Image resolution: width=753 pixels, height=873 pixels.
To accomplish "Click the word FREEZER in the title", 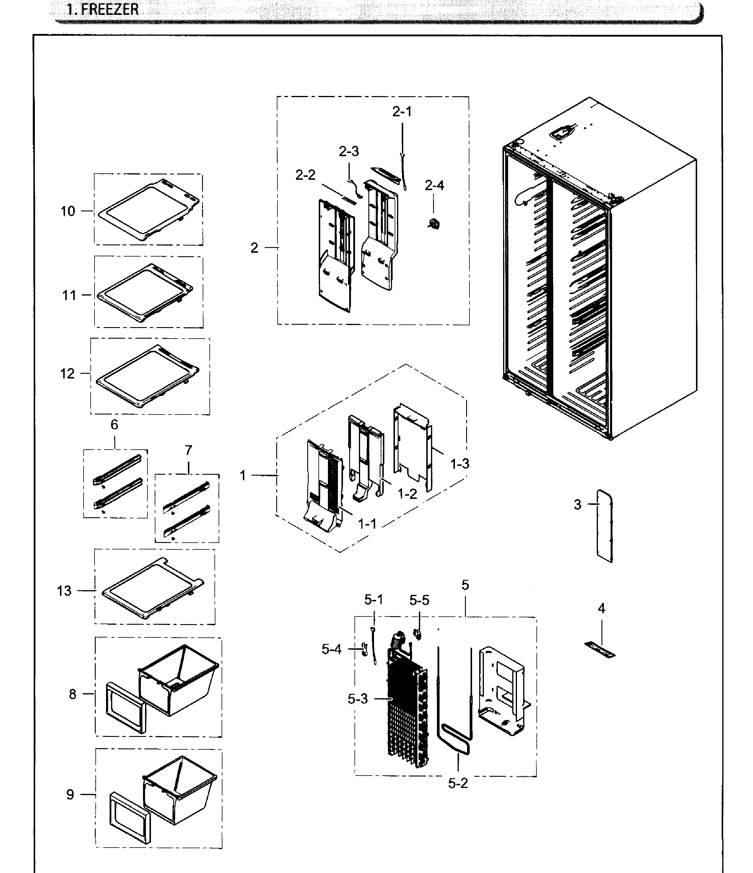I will click(109, 9).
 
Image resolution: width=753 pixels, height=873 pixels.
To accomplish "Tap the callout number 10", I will click(68, 211).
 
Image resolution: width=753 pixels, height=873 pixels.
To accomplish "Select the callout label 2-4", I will click(434, 185).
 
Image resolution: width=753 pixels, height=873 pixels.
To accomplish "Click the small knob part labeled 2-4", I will click(433, 223).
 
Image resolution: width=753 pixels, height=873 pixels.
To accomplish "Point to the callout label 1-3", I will click(460, 464).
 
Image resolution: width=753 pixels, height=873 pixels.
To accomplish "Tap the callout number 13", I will click(64, 591).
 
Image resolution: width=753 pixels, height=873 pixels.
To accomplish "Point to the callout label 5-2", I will click(458, 783).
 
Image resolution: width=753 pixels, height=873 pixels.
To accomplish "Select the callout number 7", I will click(188, 451).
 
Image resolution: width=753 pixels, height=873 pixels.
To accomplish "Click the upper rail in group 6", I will click(117, 469).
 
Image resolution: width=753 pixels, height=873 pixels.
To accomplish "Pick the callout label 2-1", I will click(402, 112).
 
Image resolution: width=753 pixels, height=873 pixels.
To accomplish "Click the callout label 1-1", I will click(367, 524).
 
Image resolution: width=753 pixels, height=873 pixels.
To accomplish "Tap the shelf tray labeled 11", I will click(145, 292).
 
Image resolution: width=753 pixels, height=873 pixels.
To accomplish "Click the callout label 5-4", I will click(331, 649).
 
